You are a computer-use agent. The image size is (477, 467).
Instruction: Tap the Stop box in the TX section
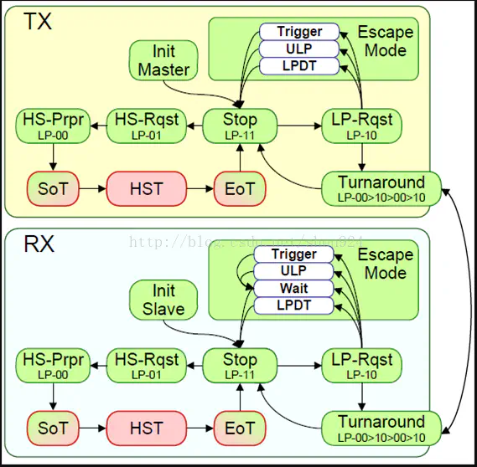[240, 126]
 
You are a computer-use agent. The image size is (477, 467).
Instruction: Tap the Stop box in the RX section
[240, 366]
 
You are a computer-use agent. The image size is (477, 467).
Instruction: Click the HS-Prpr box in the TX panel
[52, 126]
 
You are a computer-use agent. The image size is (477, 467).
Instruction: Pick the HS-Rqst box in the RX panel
[148, 366]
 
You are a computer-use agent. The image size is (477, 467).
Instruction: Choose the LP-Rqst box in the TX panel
[361, 126]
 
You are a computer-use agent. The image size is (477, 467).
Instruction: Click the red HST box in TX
[147, 189]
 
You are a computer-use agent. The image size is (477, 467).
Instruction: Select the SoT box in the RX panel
[52, 428]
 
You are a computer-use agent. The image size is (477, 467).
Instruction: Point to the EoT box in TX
[240, 189]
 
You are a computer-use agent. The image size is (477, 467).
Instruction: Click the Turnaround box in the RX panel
[381, 427]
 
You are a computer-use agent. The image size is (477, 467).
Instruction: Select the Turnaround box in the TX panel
[381, 188]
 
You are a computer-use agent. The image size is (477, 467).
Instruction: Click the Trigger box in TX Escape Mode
[299, 32]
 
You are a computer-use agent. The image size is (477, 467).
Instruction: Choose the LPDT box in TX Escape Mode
[299, 65]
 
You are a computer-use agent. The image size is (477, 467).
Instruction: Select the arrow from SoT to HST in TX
[91, 189]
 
